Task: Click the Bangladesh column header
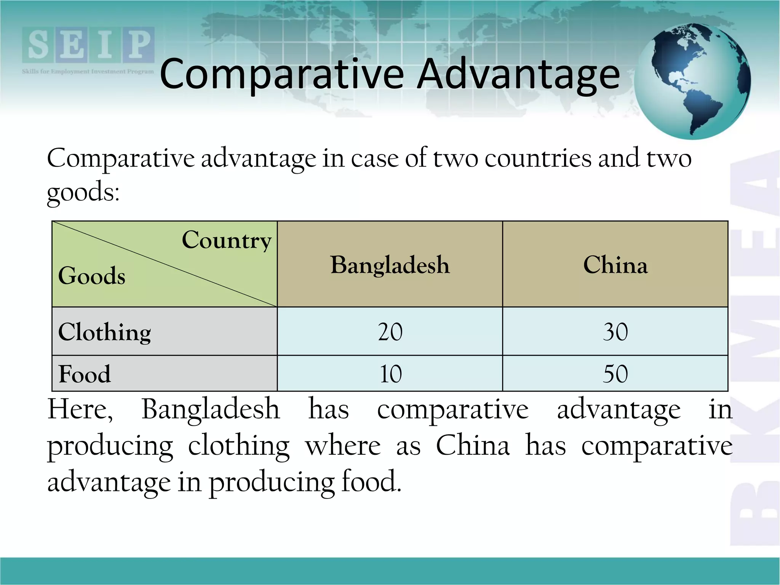point(390,265)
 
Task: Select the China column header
point(615,265)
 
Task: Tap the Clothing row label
point(105,332)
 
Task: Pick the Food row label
point(85,374)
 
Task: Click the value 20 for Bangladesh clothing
point(390,332)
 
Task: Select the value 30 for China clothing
point(615,332)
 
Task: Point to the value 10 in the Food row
point(390,374)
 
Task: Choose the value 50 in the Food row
point(615,374)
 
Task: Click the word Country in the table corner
point(227,241)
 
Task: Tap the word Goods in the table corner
point(92,276)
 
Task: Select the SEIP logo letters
point(88,45)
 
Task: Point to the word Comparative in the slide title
point(282,74)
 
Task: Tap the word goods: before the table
point(83,192)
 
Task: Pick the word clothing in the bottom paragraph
point(239,446)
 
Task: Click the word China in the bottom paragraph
point(473,445)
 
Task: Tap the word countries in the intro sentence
point(538,158)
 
